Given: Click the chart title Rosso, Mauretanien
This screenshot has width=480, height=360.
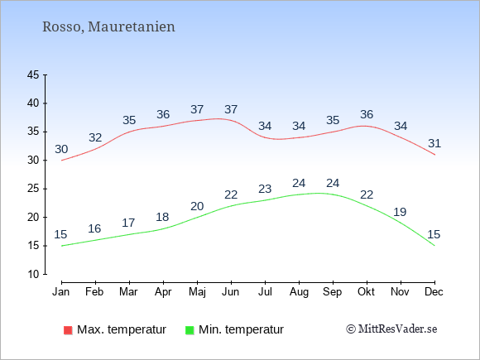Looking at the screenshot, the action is click(108, 27).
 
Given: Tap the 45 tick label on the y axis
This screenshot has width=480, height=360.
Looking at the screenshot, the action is click(33, 74).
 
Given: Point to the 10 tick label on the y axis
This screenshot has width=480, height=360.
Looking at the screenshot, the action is click(33, 274).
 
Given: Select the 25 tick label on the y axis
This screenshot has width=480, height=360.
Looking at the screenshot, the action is click(33, 189).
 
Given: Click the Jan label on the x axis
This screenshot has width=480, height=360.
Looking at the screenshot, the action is click(61, 292).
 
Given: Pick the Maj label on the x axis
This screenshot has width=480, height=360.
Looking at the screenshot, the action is click(197, 292).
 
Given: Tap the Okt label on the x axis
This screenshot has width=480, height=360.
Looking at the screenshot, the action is click(366, 292).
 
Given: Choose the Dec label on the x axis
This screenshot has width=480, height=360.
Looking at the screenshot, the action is click(434, 292).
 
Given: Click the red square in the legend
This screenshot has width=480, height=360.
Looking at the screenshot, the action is click(68, 330).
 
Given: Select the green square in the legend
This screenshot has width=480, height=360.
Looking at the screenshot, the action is click(190, 330).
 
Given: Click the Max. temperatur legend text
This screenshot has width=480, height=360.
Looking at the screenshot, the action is click(122, 329).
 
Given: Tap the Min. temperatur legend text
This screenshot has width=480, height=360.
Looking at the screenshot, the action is click(241, 329).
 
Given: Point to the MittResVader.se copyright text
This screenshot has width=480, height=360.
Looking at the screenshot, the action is click(391, 329).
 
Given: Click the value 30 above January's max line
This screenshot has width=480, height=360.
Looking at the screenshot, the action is click(61, 150).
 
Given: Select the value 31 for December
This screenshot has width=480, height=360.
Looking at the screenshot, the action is click(434, 143).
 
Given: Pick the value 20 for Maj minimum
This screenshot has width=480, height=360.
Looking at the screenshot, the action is click(197, 206).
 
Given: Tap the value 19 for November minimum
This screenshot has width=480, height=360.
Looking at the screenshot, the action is click(400, 212).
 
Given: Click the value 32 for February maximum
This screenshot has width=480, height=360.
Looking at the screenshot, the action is click(95, 137).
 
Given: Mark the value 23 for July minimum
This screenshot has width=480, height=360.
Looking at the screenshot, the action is click(265, 189).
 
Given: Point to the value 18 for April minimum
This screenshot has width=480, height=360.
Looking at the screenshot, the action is click(162, 217).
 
